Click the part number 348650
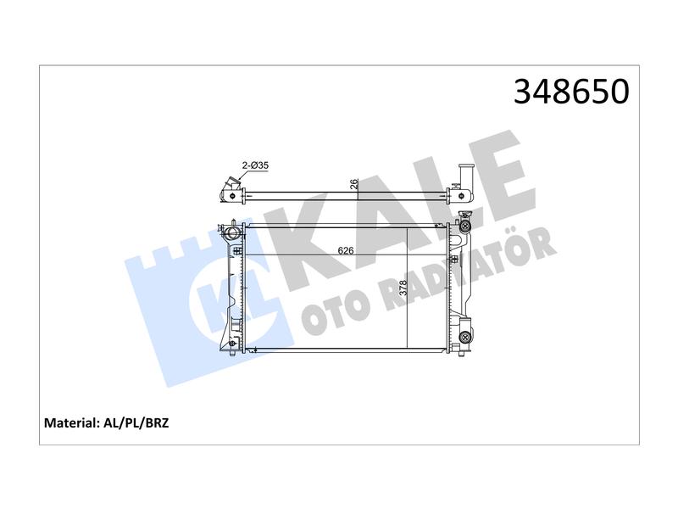pos(571,92)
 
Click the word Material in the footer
pos(71,422)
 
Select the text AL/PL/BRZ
pos(136,422)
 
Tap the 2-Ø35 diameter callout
pos(255,165)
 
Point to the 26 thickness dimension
pos(354,184)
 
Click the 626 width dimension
pos(346,250)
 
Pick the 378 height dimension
pos(403,288)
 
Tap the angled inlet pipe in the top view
pos(230,188)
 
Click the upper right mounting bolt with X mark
pos(465,226)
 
